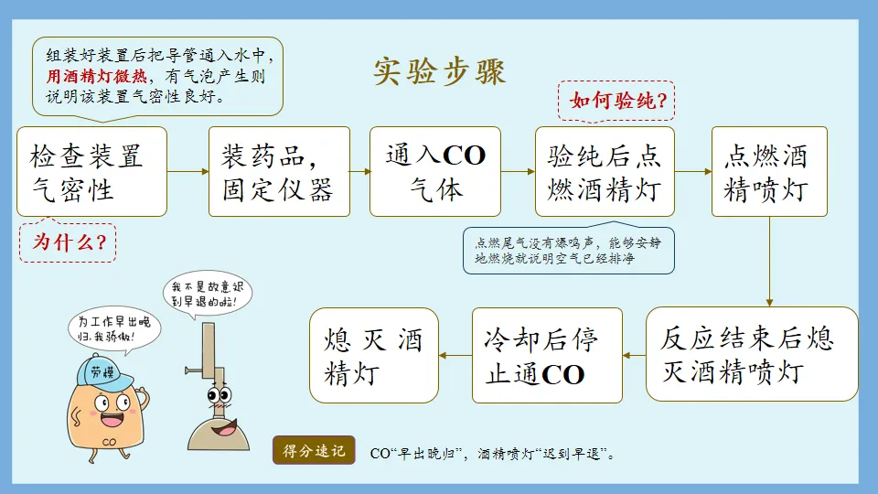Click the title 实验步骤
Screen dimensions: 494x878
pyautogui.click(x=439, y=70)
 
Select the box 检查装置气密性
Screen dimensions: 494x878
pyautogui.click(x=91, y=171)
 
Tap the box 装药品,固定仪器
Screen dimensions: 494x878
pyautogui.click(x=279, y=171)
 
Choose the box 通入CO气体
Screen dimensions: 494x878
pyautogui.click(x=435, y=171)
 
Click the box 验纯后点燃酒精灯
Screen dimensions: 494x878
pyautogui.click(x=604, y=171)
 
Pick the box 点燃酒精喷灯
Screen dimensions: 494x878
pyautogui.click(x=769, y=171)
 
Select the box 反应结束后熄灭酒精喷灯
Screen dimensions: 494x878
pyautogui.click(x=752, y=354)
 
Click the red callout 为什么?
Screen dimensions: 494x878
pyautogui.click(x=68, y=242)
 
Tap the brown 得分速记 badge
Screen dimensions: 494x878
pyautogui.click(x=314, y=451)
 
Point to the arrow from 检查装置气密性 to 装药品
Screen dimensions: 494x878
pyautogui.click(x=188, y=171)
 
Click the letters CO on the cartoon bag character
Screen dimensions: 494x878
pyautogui.click(x=109, y=440)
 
